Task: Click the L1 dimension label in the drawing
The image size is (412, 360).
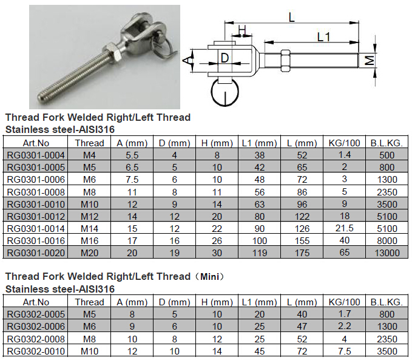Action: click(323, 37)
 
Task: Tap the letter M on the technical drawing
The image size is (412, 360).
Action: click(370, 61)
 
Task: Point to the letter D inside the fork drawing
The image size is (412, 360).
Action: click(225, 58)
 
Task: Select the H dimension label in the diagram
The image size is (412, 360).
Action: click(242, 30)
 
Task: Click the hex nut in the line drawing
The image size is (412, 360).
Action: click(286, 61)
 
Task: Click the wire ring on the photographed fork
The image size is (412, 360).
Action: click(163, 50)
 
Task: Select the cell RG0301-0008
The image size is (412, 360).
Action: click(36, 192)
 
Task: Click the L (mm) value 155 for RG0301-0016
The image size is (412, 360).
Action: click(302, 240)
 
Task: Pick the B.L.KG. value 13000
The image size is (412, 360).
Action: click(387, 253)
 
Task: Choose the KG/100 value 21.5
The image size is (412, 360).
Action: click(344, 228)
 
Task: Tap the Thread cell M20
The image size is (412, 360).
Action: click(89, 253)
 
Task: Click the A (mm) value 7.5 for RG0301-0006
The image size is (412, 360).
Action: click(132, 180)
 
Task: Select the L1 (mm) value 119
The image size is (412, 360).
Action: click(259, 253)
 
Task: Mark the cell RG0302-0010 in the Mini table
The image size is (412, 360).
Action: click(36, 352)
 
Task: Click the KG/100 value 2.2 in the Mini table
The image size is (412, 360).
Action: click(344, 327)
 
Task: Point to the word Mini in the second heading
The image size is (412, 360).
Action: click(209, 277)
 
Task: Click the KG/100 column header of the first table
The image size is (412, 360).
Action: click(344, 143)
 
